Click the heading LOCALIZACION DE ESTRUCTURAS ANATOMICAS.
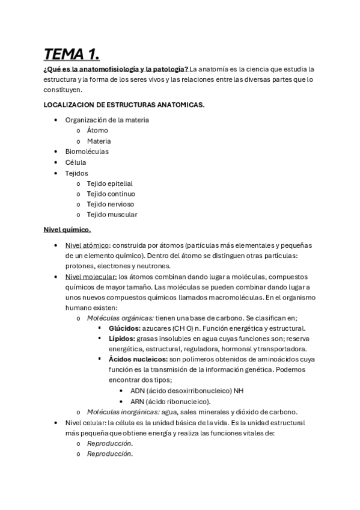pyautogui.click(x=124, y=104)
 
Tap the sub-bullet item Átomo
pyautogui.click(x=97, y=130)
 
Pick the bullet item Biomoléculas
pyautogui.click(x=87, y=152)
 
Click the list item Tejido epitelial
pyautogui.click(x=109, y=183)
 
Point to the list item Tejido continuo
pyautogui.click(x=111, y=194)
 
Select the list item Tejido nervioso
pyautogui.click(x=110, y=204)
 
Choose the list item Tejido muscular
pyautogui.click(x=112, y=215)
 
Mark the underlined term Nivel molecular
pyautogui.click(x=91, y=276)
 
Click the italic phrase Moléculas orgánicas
pyautogui.click(x=120, y=318)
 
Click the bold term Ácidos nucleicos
pyautogui.click(x=138, y=359)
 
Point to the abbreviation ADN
pyautogui.click(x=138, y=391)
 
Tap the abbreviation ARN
pyautogui.click(x=138, y=401)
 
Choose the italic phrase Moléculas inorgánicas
pyautogui.click(x=123, y=412)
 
